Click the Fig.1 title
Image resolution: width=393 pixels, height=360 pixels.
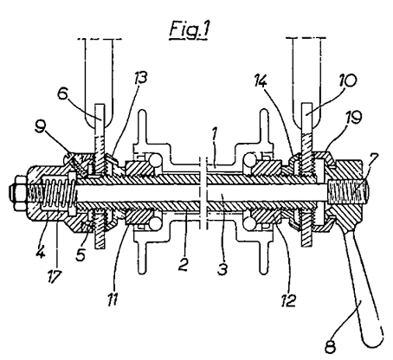pos(189,29)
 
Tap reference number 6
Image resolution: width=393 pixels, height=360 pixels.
pos(63,93)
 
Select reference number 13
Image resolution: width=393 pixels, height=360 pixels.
pos(140,78)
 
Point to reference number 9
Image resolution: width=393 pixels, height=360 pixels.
pos(40,127)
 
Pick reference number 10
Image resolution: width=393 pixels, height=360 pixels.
pos(347,80)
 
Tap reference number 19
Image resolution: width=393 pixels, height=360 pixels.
pos(354,118)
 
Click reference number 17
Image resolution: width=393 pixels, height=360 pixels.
pos(54,277)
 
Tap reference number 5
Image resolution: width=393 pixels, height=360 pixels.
pos(81,254)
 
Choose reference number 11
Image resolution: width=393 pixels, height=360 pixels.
pos(113,299)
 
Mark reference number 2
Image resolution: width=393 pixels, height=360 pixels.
pos(183,265)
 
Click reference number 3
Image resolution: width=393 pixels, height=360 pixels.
pos(222,268)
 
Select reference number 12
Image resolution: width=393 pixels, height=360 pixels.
pos(288,300)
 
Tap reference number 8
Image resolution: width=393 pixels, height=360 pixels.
pos(330,347)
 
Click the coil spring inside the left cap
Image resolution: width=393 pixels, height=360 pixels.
pos(59,193)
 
